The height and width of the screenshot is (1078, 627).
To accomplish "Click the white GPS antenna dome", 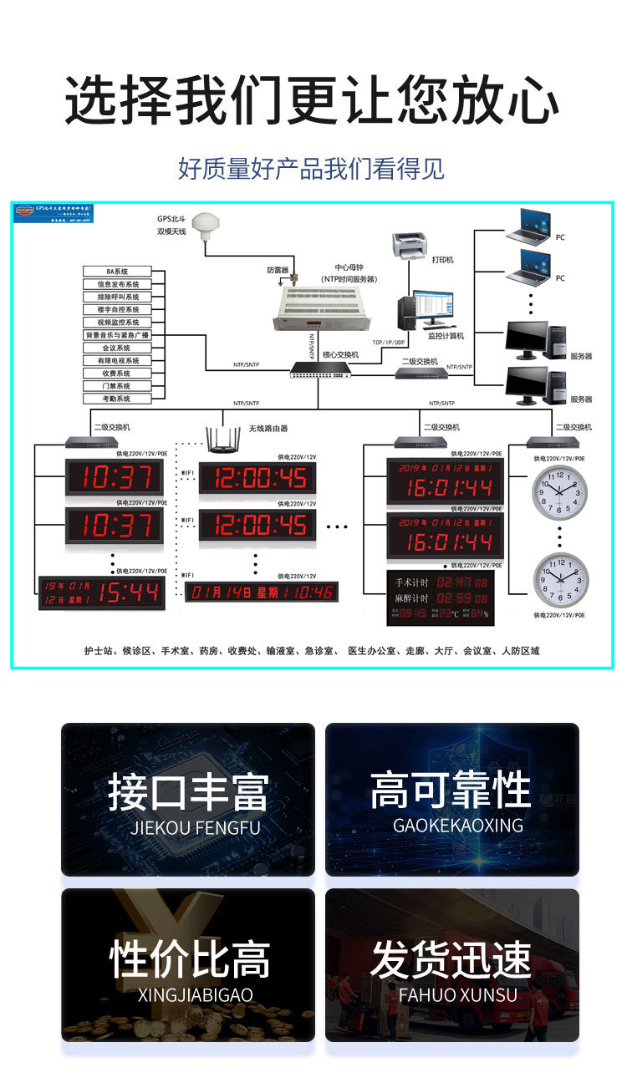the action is (204, 225).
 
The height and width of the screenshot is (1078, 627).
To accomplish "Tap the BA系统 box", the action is (117, 272).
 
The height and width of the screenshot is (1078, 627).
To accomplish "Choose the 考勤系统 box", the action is (117, 399).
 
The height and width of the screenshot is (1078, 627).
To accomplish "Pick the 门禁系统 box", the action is (117, 386).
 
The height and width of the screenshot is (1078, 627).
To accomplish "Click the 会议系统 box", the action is (117, 348).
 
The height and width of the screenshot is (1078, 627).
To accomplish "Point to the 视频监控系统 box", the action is (117, 323).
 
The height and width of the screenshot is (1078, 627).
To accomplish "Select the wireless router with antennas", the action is (224, 442).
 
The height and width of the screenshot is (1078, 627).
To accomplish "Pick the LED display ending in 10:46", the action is (262, 593).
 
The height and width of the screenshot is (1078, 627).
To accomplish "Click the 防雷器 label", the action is (278, 270).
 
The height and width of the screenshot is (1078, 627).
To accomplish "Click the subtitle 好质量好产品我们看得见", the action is (311, 169).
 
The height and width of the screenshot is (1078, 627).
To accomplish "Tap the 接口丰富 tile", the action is (188, 800).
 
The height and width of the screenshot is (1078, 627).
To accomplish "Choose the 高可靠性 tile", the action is (451, 800).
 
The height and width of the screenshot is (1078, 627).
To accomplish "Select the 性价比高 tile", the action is (188, 965).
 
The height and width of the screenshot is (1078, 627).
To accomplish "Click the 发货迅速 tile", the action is (451, 965).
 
